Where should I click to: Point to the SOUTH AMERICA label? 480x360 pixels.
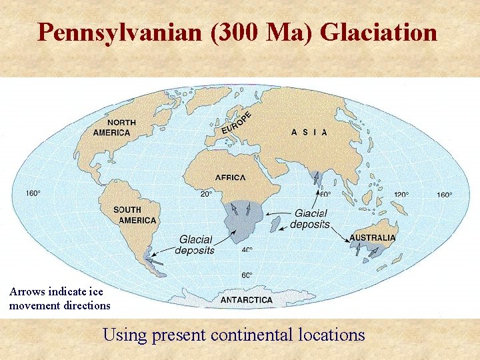point(135,215)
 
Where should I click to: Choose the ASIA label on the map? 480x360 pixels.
point(309,132)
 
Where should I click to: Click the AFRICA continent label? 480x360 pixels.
point(230,177)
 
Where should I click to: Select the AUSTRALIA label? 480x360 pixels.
point(373,237)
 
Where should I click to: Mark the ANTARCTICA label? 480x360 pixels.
point(247,300)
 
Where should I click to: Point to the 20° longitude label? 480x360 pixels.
point(206,194)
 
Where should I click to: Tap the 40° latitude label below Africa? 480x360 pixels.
point(247,250)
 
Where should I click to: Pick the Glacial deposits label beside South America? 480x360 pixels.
point(195,245)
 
